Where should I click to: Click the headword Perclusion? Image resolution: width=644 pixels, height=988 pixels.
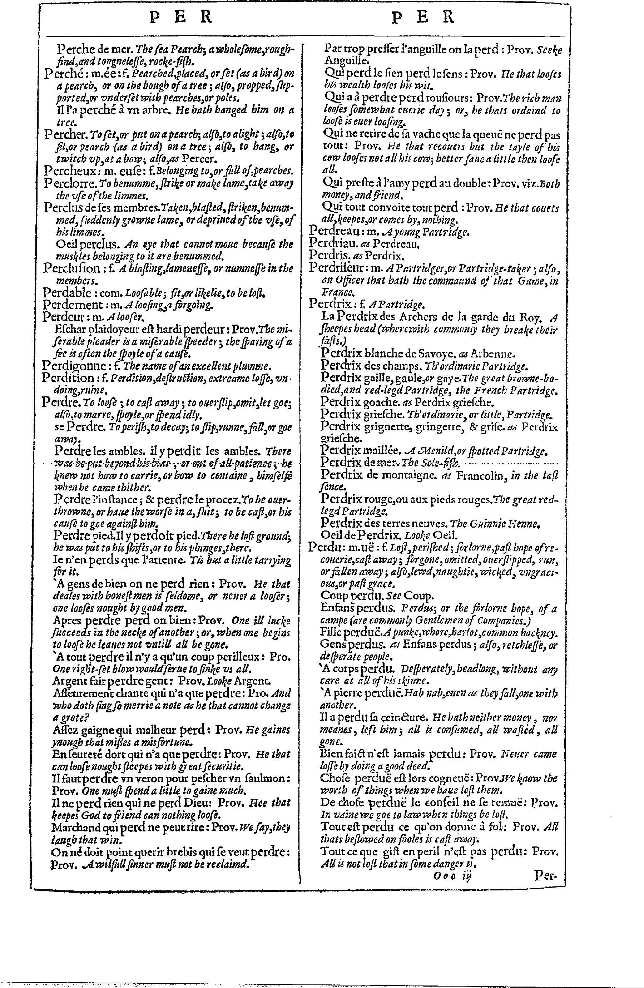pos(72,268)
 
